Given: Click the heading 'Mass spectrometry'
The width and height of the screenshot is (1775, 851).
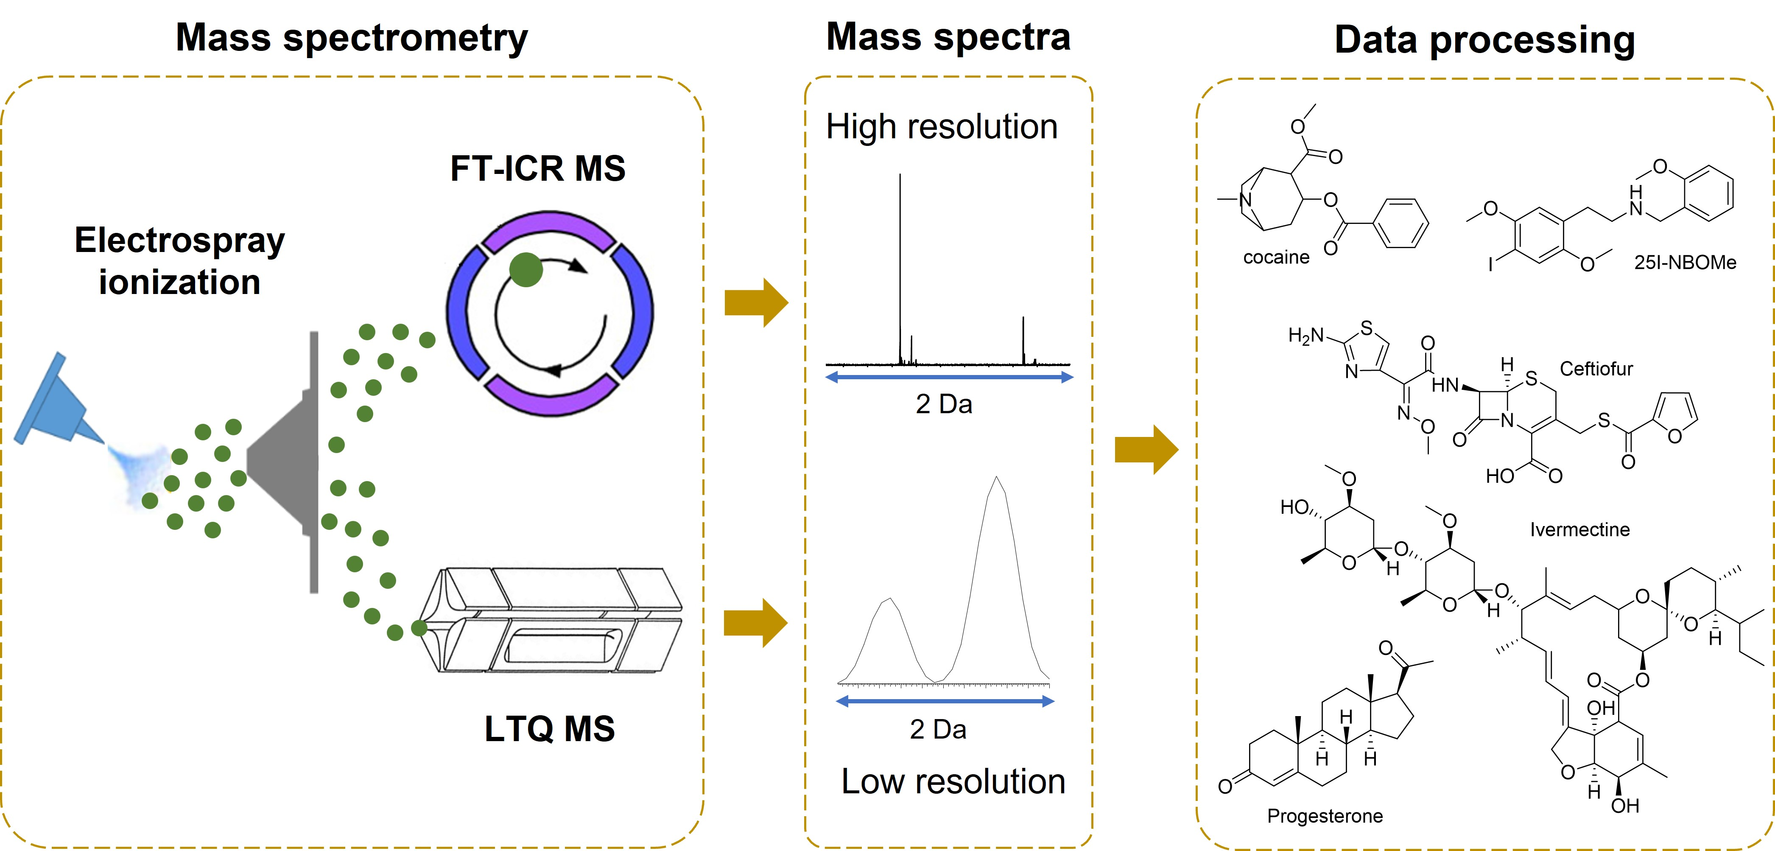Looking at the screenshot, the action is (352, 38).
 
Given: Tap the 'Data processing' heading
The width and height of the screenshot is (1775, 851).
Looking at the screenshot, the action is (1485, 39).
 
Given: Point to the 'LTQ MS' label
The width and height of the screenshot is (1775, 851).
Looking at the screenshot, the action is (549, 728).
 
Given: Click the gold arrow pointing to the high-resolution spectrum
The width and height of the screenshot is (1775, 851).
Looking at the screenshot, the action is (757, 302).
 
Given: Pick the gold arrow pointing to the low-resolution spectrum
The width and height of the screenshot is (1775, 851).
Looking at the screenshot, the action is (756, 623).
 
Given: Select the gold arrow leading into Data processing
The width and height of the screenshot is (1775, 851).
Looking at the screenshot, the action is (1146, 449).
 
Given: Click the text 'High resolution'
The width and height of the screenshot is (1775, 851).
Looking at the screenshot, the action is (942, 127).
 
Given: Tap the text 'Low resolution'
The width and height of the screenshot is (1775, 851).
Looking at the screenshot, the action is (953, 781).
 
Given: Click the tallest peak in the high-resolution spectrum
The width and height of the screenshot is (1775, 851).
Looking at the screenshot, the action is (900, 269).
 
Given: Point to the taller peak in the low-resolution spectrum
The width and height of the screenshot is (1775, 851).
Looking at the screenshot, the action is (996, 579).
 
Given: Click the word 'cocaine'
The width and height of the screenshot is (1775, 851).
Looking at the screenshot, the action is (1276, 257).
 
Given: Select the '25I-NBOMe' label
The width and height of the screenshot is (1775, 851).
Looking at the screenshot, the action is (1685, 262).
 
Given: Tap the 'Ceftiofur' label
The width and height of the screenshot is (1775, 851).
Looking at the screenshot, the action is (1596, 369).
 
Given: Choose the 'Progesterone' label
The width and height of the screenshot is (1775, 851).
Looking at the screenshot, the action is (1325, 816).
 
